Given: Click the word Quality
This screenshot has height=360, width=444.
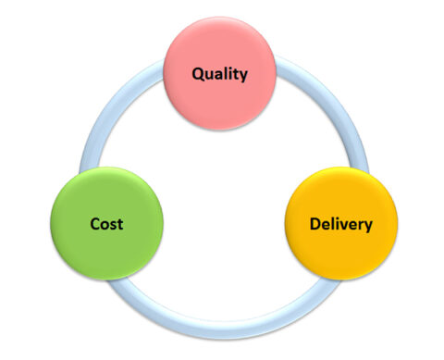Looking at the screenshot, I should (x=219, y=73).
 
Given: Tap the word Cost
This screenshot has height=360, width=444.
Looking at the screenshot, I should (x=106, y=223).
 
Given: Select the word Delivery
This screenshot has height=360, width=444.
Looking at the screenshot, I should (x=341, y=223).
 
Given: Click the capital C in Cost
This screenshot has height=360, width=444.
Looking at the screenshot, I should (x=95, y=223).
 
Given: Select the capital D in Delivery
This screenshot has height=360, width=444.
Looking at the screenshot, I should (x=314, y=223).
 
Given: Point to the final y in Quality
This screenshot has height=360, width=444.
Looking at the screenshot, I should (x=243, y=75).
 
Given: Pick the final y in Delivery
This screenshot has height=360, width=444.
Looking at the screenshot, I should (x=368, y=225).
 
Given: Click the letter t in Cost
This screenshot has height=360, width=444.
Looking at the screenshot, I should (x=120, y=223).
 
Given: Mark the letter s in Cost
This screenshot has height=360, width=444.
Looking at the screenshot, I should (x=113, y=224).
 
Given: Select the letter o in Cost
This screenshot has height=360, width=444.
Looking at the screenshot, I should (x=105, y=224).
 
